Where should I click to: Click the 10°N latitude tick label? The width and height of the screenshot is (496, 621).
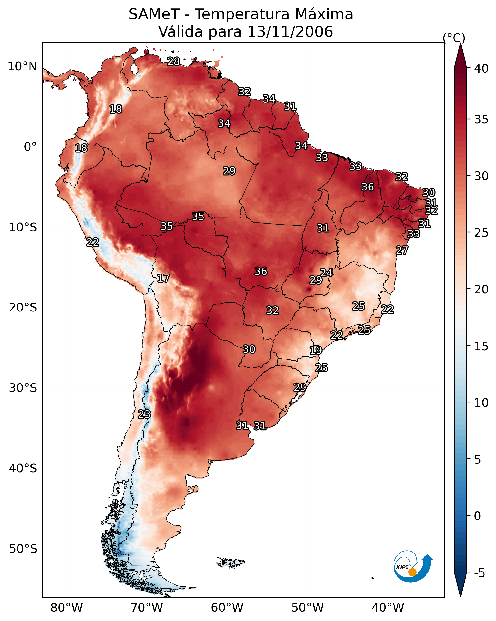[22, 67]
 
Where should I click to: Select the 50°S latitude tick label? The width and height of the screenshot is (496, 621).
[23, 549]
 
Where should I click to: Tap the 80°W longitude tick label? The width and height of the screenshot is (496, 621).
[66, 608]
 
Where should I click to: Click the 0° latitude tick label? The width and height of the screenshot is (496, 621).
[30, 147]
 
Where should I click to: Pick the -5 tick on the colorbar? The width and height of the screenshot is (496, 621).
[479, 573]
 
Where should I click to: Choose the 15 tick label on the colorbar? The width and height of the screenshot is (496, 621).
[481, 347]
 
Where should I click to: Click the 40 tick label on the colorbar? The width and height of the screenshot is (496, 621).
[481, 68]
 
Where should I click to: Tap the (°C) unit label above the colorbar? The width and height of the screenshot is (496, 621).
[454, 38]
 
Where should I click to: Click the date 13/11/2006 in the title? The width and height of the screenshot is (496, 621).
[290, 31]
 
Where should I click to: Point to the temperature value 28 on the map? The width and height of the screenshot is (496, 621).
[173, 61]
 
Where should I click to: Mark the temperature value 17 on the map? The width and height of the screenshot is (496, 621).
[163, 278]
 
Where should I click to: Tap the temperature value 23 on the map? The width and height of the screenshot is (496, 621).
[144, 414]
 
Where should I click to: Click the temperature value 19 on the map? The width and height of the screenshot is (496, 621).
[316, 350]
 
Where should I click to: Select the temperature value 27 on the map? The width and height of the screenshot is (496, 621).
[402, 250]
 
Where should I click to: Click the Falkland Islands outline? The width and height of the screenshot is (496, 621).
[230, 562]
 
